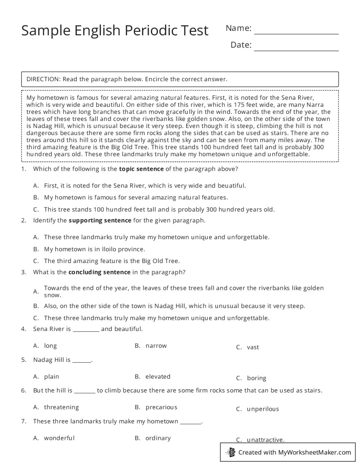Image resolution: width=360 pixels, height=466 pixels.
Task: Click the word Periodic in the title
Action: [151, 30]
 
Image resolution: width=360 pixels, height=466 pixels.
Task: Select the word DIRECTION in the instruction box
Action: [43, 79]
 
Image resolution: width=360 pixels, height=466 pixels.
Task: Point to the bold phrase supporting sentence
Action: [100, 220]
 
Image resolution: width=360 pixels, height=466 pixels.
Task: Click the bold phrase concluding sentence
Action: [99, 272]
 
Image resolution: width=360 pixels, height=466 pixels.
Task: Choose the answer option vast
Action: [253, 347]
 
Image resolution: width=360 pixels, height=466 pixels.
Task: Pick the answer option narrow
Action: [156, 346]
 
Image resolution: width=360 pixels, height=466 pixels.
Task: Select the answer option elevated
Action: [158, 376]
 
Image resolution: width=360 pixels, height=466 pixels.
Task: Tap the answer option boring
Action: [256, 378]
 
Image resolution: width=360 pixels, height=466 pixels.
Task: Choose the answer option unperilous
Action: [263, 409]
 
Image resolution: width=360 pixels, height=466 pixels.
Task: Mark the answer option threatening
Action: [61, 407]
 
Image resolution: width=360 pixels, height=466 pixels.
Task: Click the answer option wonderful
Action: [59, 438]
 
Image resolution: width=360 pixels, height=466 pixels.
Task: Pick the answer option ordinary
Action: [158, 438]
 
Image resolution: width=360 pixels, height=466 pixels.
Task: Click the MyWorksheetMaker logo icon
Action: [230, 452]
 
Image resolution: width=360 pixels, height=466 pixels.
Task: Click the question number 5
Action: [23, 360]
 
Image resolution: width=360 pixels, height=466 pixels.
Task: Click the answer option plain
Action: [52, 376]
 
